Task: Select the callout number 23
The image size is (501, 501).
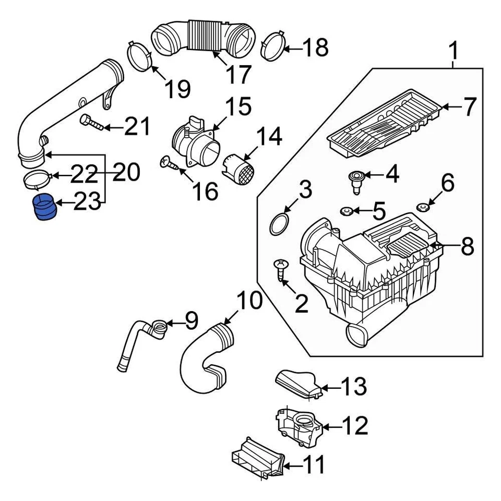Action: (87, 202)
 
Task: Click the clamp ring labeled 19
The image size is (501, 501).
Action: (139, 55)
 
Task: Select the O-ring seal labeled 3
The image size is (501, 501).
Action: (281, 224)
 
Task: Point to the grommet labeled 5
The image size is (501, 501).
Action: (345, 211)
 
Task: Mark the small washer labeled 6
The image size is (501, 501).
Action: (422, 208)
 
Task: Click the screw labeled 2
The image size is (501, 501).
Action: (280, 271)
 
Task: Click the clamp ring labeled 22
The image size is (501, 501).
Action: (37, 179)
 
